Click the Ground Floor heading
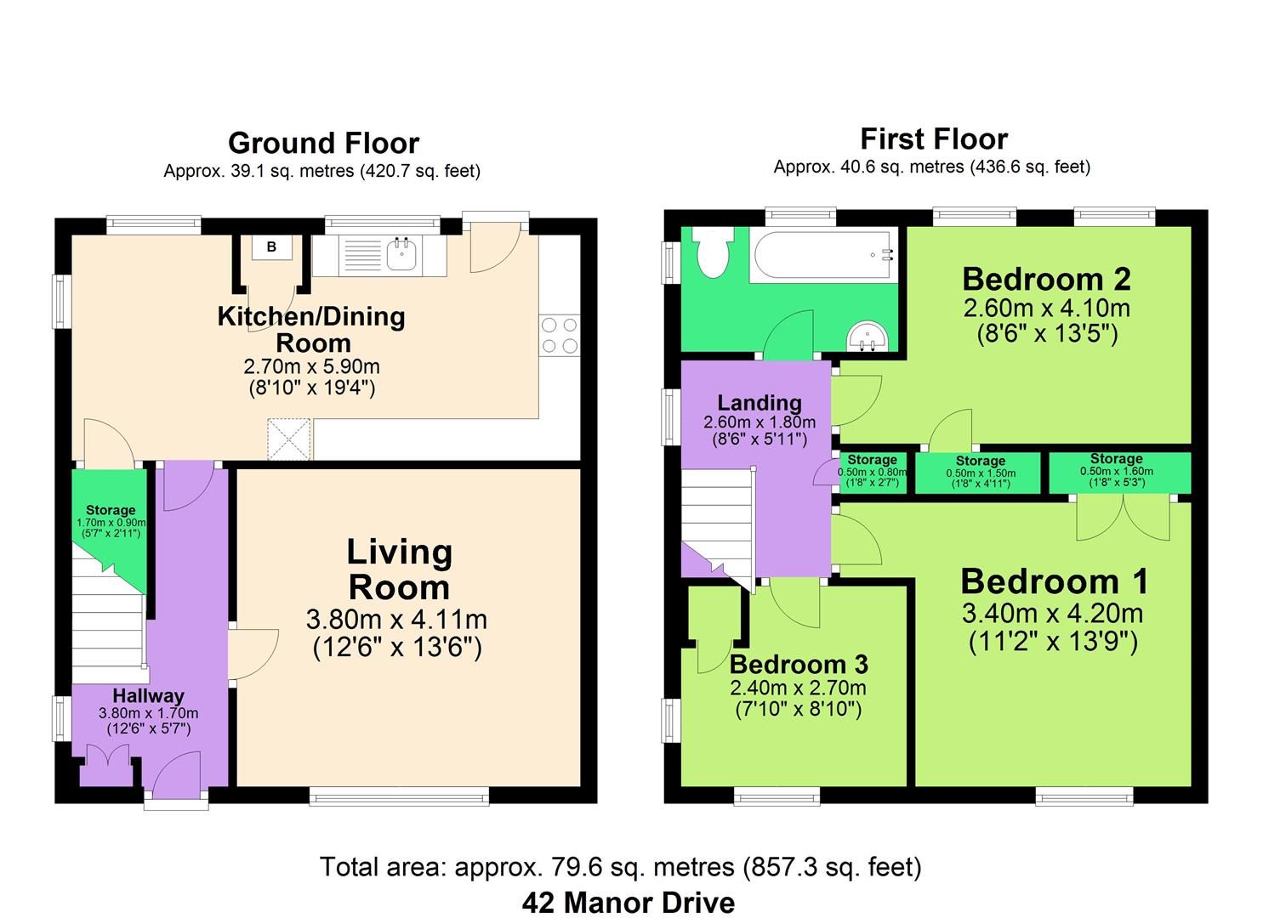tap(323, 143)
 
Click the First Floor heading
tap(933, 139)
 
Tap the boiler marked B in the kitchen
tap(271, 247)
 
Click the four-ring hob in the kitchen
tap(559, 334)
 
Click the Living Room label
tap(398, 569)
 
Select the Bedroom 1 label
tap(1054, 581)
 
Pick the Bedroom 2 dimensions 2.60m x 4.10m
tap(1046, 308)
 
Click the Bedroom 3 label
tap(798, 664)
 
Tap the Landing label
tap(759, 402)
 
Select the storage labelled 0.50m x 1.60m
tap(1117, 471)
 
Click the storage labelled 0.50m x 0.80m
tap(872, 472)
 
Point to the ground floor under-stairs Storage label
tap(110, 511)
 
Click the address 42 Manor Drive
tap(628, 902)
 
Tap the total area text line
tap(620, 867)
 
